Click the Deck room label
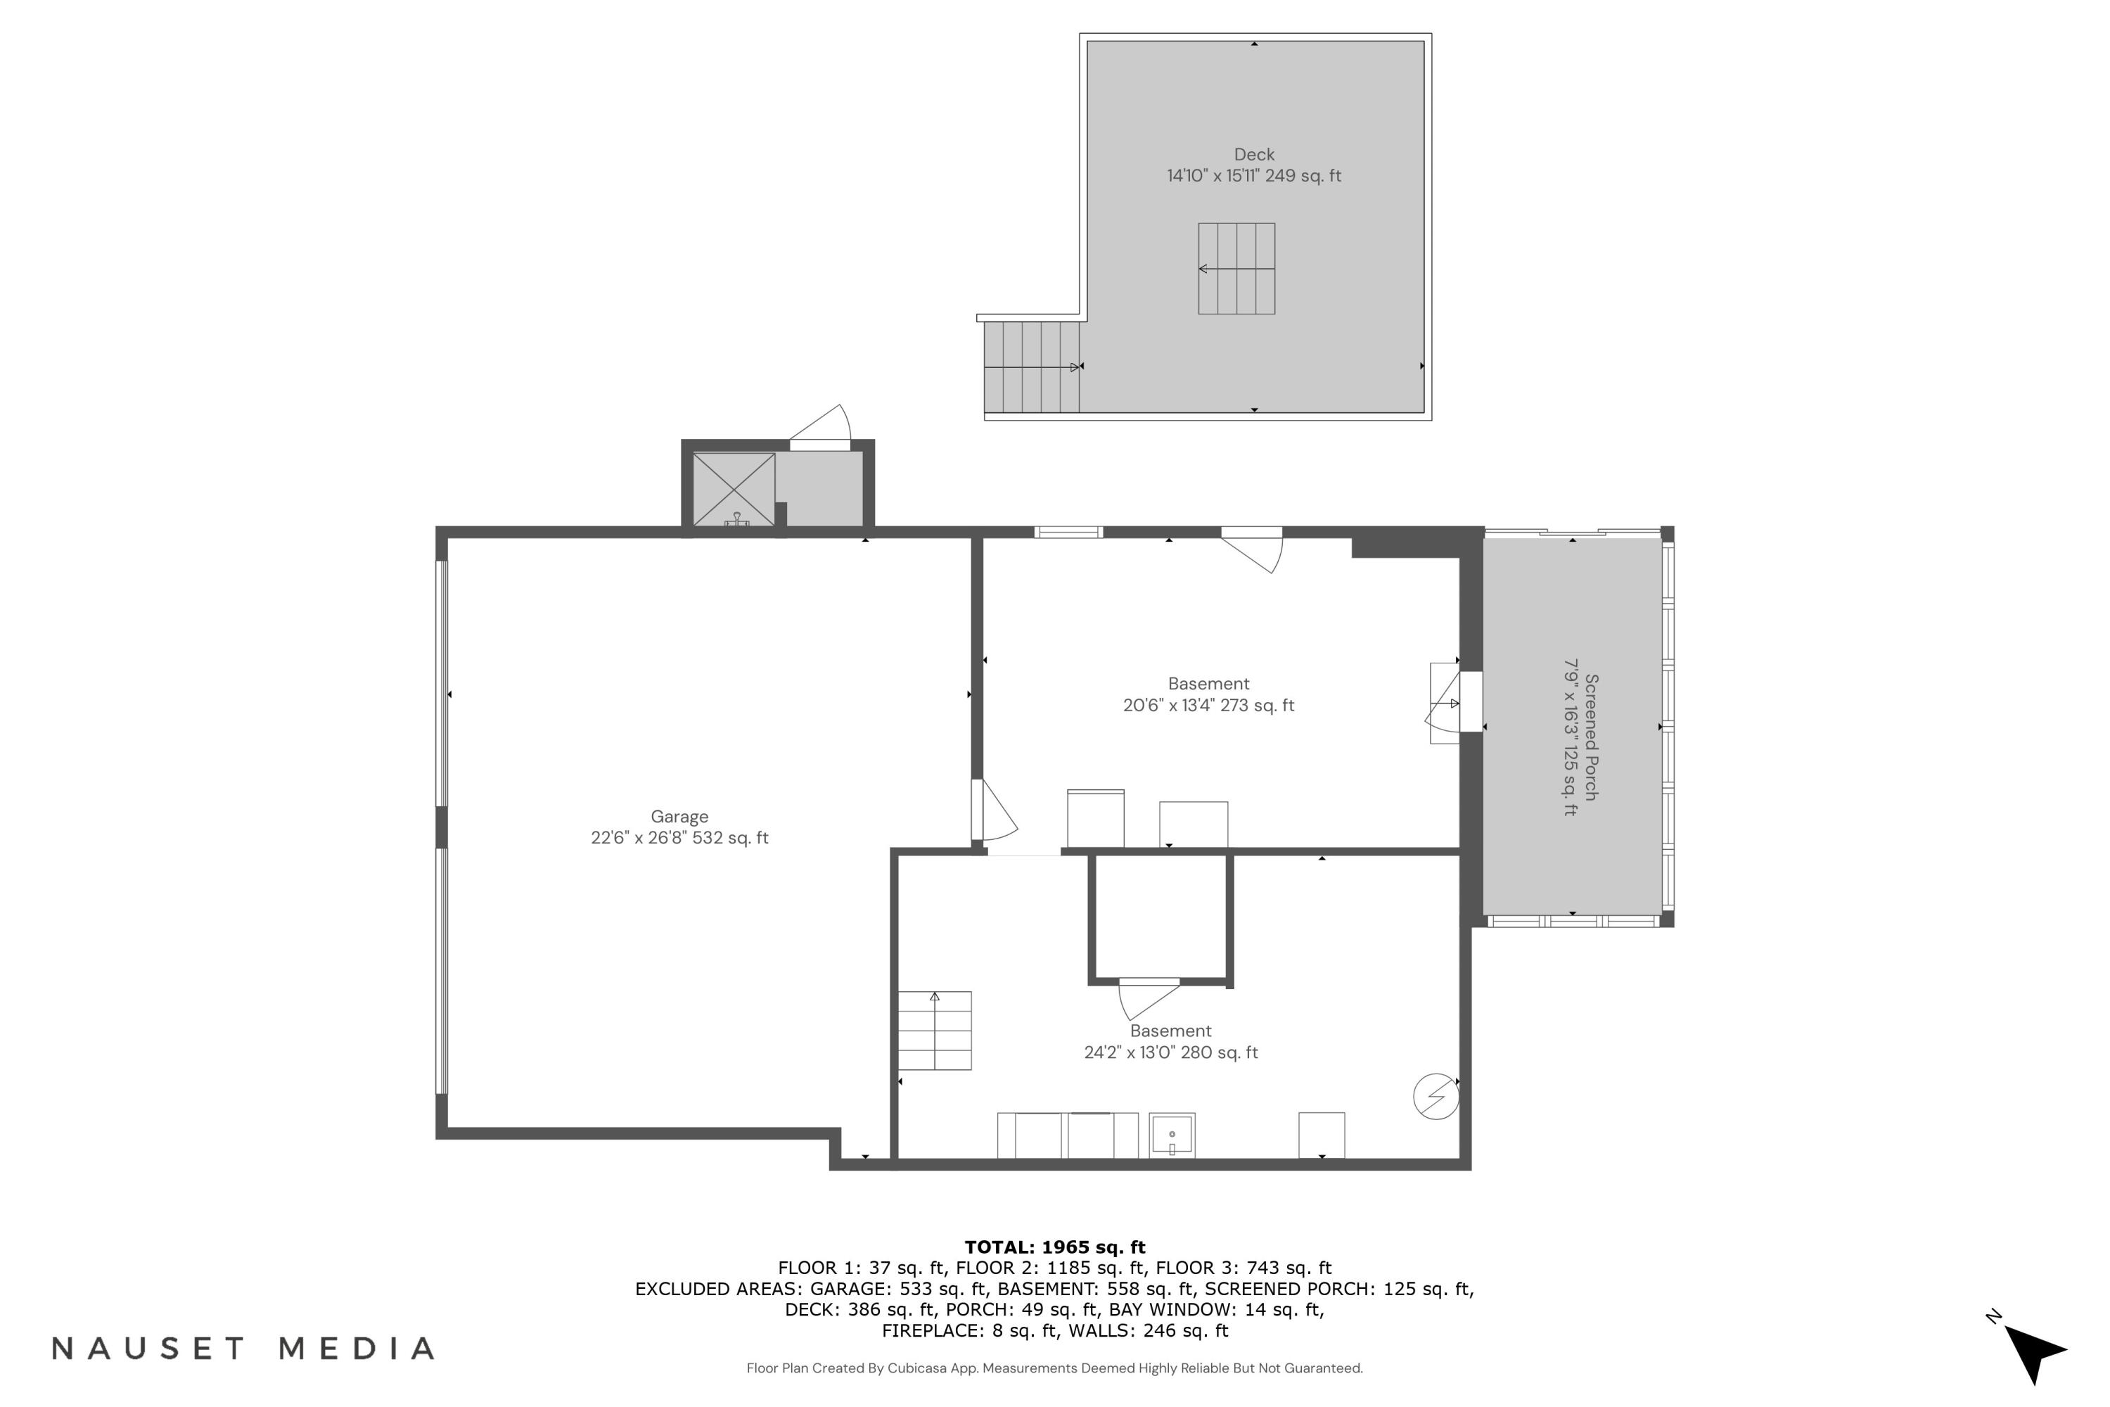(1253, 154)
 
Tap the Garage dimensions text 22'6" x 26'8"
(679, 838)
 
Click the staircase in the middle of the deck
(1236, 268)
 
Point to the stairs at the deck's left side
(1031, 367)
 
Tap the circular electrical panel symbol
(1436, 1097)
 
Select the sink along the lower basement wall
(1172, 1135)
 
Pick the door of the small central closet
(1149, 997)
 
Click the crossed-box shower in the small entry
(734, 489)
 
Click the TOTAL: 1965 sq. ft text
(1054, 1247)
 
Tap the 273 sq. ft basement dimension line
(1208, 706)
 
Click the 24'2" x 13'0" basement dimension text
(1171, 1052)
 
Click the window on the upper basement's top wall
(1068, 532)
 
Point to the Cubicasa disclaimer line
(1054, 1368)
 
